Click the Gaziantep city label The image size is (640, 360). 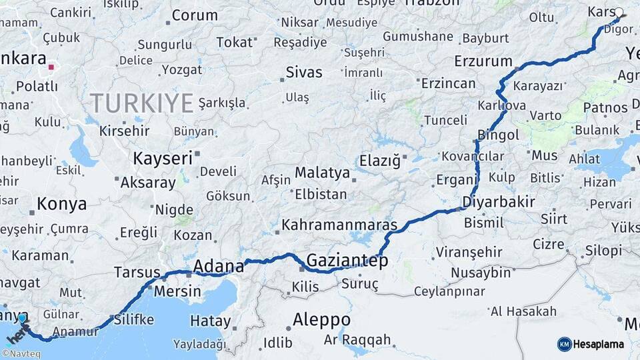point(347,261)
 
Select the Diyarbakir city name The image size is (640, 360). point(499,202)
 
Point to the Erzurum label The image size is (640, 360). point(483,61)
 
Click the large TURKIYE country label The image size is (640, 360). point(141,103)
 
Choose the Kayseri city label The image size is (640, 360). point(163,159)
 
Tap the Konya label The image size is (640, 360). point(61,204)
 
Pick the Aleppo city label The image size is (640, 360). point(321,319)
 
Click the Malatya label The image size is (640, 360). point(322,173)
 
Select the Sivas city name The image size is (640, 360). point(304,72)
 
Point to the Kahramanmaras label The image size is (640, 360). point(339,225)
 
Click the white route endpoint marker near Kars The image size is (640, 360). point(619,12)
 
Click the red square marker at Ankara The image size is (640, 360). point(51,67)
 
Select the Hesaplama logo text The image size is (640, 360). point(598,344)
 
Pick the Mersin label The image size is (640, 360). point(177,291)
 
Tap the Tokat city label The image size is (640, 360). point(235,43)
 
